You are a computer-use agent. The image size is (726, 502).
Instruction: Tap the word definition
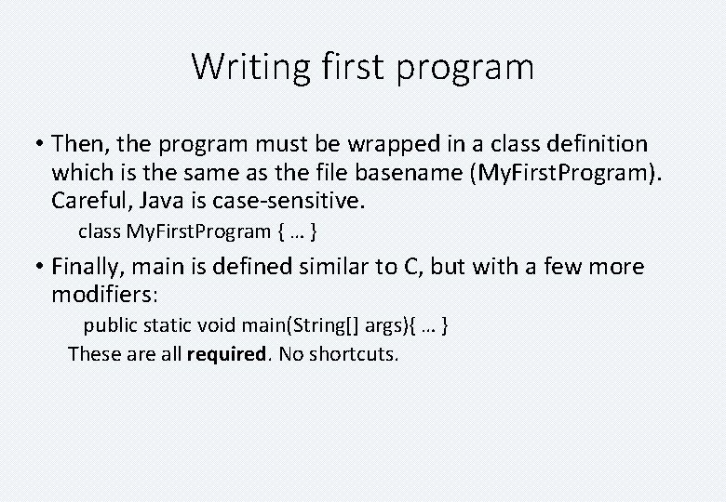pyautogui.click(x=593, y=144)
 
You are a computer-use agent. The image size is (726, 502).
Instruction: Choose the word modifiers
pyautogui.click(x=104, y=295)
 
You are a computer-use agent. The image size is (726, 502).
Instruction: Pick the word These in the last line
pyautogui.click(x=92, y=354)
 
